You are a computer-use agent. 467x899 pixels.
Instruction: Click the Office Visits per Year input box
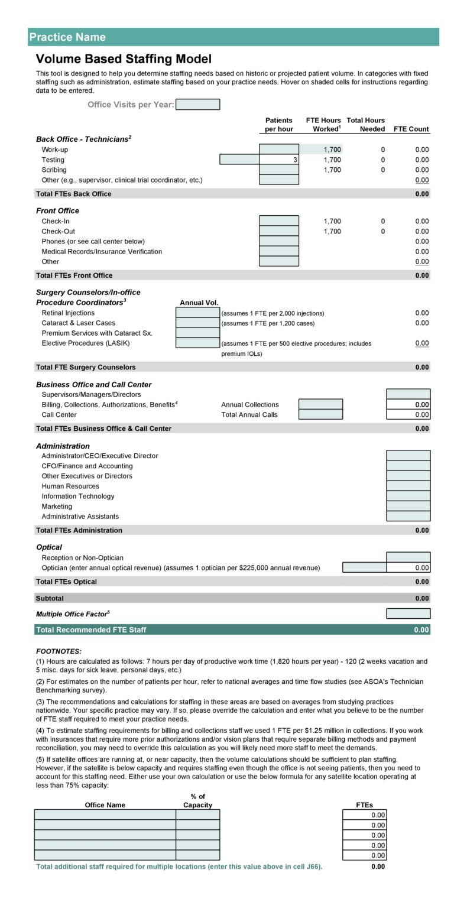(197, 105)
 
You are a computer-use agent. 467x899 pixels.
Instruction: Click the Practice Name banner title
(67, 37)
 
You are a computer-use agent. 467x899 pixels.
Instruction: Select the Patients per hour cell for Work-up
(279, 150)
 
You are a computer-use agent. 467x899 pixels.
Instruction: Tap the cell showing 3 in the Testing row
(279, 160)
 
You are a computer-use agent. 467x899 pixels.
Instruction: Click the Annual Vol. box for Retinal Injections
(197, 313)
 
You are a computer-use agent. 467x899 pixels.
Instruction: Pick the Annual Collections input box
(320, 404)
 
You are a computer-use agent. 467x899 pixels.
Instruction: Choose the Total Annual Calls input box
(320, 414)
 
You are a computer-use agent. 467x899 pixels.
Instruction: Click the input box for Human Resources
(408, 486)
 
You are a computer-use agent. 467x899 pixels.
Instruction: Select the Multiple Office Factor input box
(408, 614)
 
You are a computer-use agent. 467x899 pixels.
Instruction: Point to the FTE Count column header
(411, 129)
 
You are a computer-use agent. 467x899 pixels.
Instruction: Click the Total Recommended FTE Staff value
(421, 630)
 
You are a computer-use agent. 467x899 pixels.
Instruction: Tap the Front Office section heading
(57, 210)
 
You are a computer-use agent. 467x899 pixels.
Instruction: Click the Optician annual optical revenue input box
(364, 567)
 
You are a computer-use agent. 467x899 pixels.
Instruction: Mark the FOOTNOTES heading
(59, 651)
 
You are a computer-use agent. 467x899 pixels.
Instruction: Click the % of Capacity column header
(197, 801)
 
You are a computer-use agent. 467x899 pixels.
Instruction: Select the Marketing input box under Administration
(408, 506)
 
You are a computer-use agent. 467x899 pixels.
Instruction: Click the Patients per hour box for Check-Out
(279, 231)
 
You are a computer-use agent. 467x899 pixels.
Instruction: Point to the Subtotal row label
(50, 598)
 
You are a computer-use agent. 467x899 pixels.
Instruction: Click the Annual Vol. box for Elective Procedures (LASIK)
(197, 343)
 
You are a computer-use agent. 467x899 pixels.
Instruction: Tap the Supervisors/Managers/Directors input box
(408, 394)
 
